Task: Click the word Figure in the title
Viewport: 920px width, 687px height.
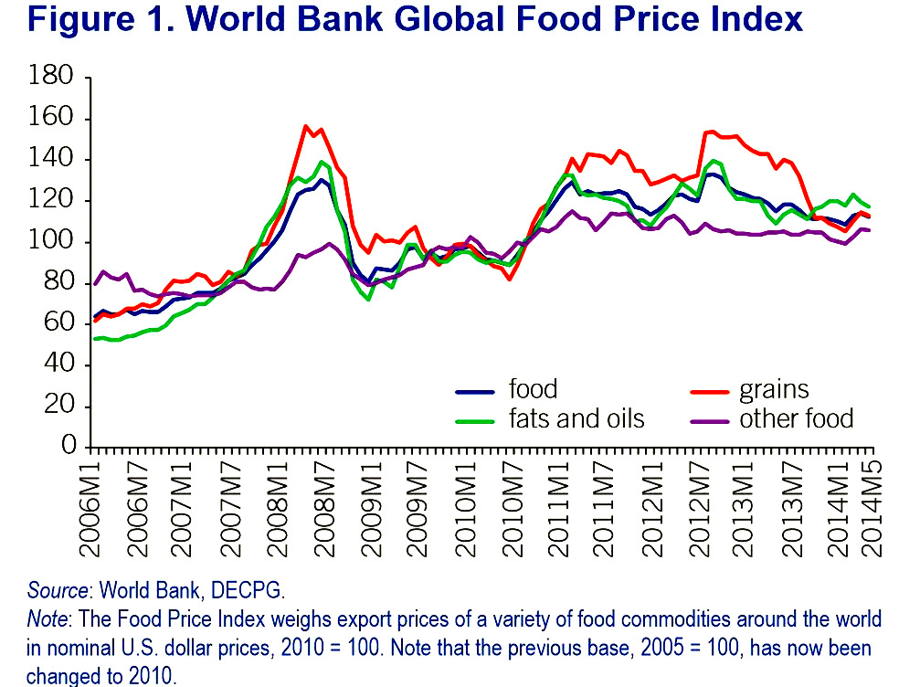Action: [81, 19]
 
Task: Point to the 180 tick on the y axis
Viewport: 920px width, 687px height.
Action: [51, 76]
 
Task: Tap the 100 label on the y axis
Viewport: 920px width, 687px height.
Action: [51, 240]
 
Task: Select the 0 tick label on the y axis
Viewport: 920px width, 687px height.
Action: [69, 445]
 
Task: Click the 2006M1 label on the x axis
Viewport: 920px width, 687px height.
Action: [90, 509]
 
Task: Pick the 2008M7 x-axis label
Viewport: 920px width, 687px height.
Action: [323, 509]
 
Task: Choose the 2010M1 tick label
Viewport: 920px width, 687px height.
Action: [464, 509]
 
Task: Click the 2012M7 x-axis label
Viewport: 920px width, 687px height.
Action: [699, 509]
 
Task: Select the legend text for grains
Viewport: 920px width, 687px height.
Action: [774, 390]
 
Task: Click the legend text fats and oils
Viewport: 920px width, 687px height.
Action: [576, 419]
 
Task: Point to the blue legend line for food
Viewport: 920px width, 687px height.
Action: [475, 391]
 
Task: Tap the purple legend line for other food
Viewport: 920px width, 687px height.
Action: [709, 421]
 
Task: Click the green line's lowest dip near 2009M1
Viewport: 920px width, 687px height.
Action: [368, 300]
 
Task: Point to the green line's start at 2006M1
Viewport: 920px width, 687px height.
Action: [95, 339]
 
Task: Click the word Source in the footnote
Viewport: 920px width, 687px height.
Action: [58, 590]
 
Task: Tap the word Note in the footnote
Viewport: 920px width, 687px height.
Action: [48, 619]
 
